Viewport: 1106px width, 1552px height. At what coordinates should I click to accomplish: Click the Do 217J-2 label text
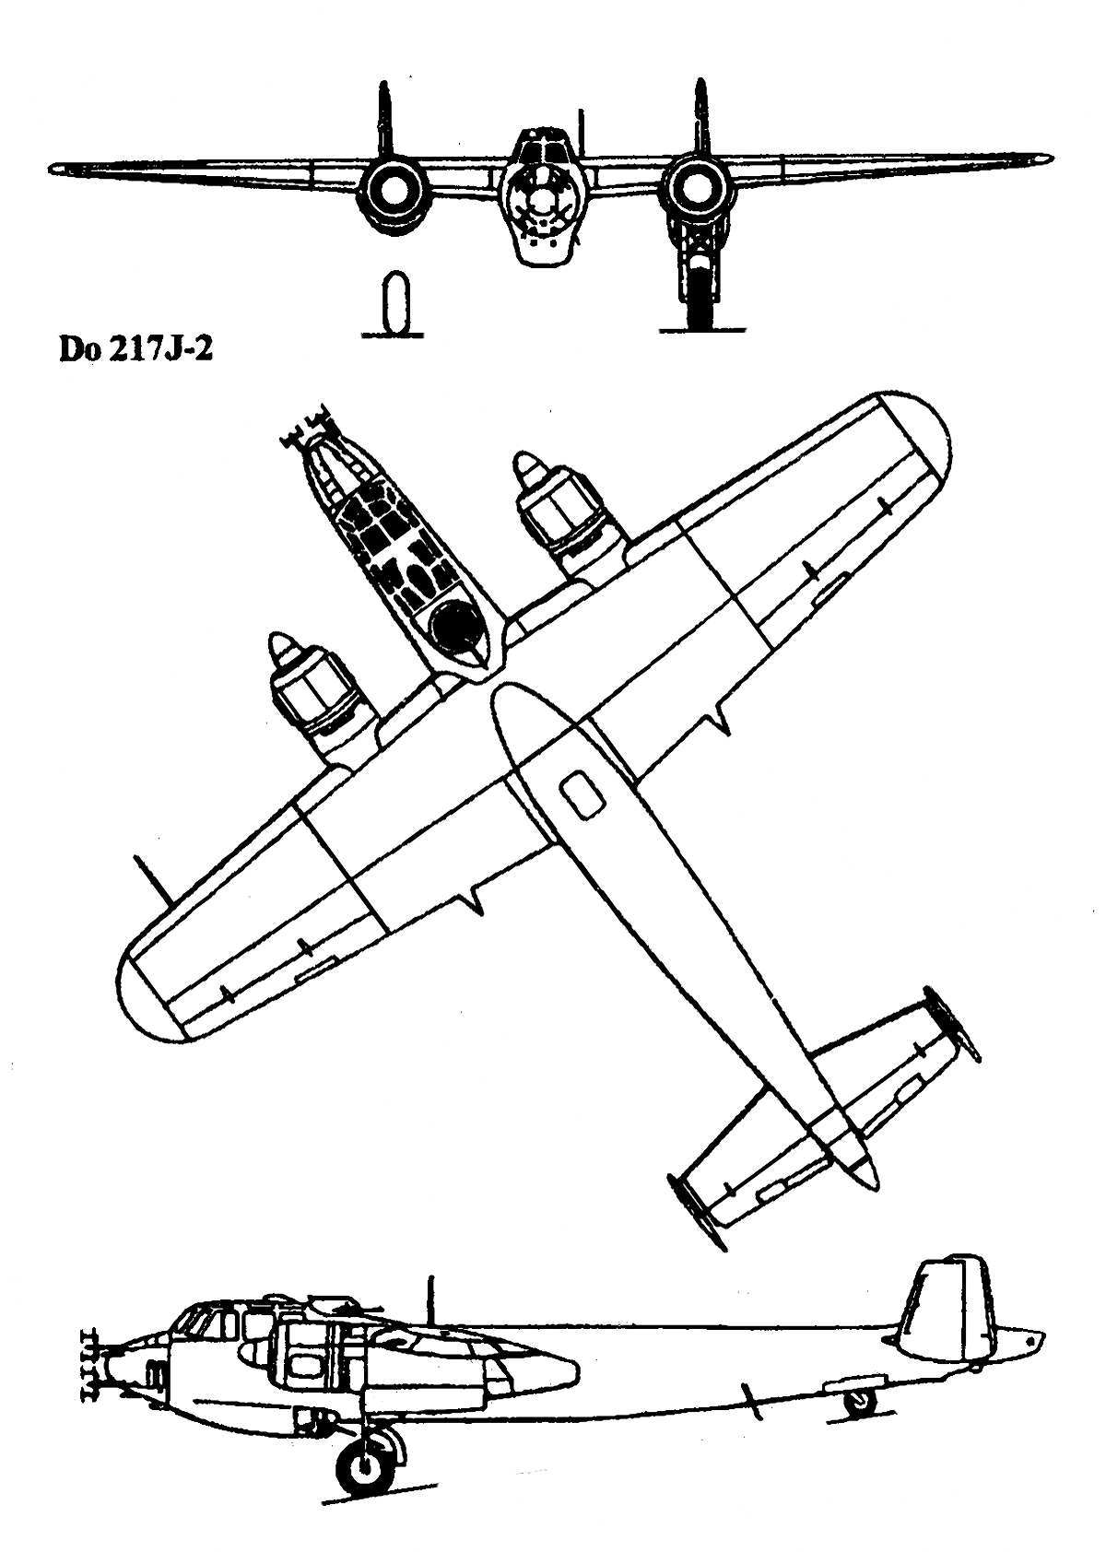click(135, 350)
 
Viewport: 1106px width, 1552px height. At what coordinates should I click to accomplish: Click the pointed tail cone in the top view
click(865, 1173)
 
